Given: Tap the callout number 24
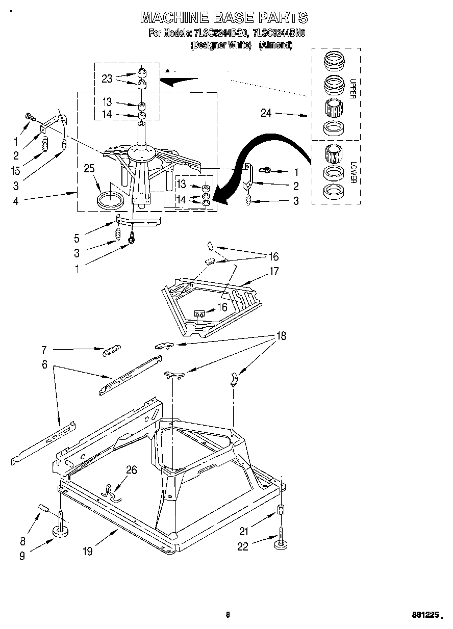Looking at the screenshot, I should click(266, 113).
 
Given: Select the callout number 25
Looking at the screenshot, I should click(89, 168).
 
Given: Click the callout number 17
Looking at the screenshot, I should click(274, 271).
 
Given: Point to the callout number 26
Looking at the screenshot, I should click(131, 470).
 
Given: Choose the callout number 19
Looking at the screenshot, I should click(88, 552).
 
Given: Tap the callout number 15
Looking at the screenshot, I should click(16, 171).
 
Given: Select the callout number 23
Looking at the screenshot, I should click(107, 78).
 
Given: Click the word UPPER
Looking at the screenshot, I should click(353, 89).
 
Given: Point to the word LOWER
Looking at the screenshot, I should click(353, 172).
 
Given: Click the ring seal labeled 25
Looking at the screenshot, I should click(110, 199).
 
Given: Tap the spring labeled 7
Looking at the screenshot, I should click(112, 351).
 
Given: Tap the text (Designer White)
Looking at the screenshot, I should click(221, 45).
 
